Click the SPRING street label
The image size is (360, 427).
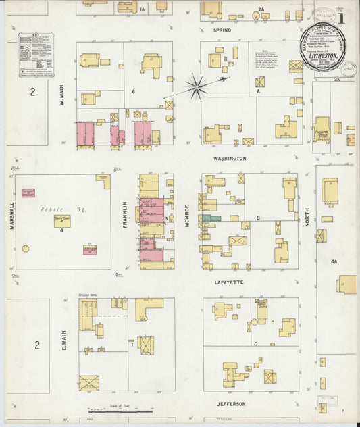coord(222,30)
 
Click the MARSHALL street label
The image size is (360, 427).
coord(12,214)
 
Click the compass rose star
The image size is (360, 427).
coord(197,86)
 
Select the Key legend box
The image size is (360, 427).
coord(36,53)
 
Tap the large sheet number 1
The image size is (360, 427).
coord(341,16)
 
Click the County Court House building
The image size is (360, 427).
coord(62,221)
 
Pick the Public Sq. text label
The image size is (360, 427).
coord(51,209)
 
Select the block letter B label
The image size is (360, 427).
coord(259,218)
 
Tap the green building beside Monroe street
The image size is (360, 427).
coord(211,218)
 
